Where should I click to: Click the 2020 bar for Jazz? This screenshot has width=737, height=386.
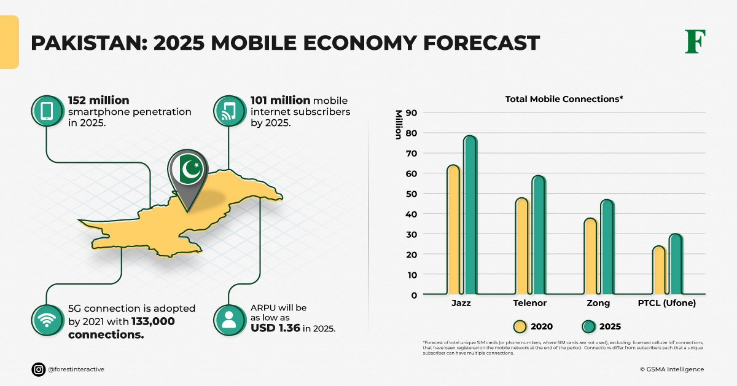pos(453,230)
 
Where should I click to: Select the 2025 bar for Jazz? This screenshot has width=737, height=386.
pos(470,215)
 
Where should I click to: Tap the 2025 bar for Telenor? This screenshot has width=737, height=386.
pos(539,235)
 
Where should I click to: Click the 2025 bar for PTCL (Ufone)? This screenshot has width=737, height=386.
pos(676,264)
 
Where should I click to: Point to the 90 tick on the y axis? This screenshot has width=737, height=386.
pos(411,113)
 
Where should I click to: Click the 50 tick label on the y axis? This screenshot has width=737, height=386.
pos(411,194)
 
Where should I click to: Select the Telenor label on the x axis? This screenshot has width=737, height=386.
pos(529,304)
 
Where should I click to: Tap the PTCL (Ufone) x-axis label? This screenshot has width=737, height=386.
pos(667,304)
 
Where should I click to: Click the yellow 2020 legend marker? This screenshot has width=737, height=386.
pos(520,326)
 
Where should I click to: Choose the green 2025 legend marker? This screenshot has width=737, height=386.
pos(588,326)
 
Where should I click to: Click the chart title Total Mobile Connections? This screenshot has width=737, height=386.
pos(564,99)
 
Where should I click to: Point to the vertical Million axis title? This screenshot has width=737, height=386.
pos(399,125)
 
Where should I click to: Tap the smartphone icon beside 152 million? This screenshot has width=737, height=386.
pos(47,111)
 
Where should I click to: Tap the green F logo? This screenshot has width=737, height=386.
pos(695,42)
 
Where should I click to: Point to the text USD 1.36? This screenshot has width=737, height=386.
pos(275,328)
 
